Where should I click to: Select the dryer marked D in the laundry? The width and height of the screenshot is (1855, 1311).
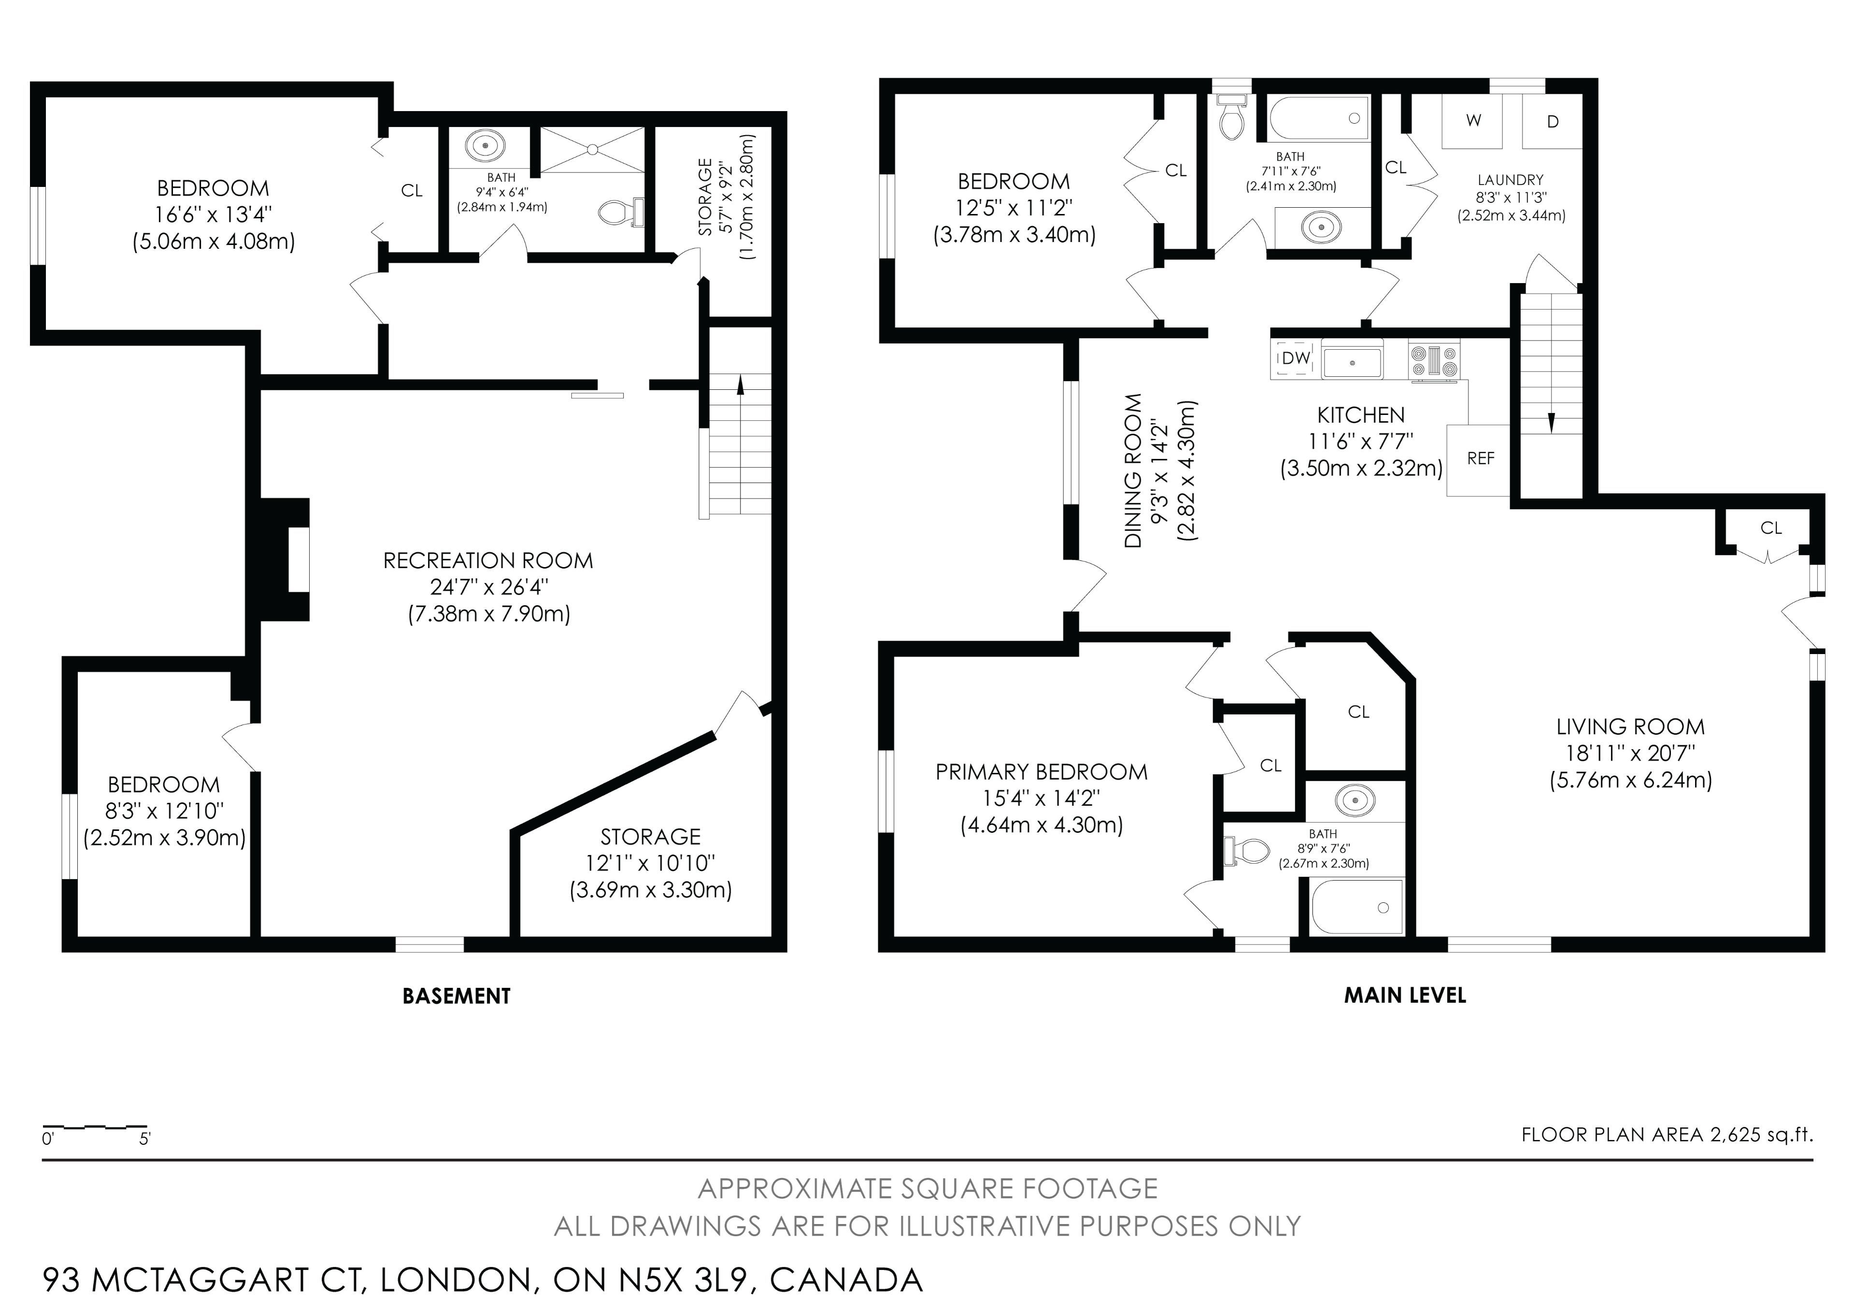coord(1552,121)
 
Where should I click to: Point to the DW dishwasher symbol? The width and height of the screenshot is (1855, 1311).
coord(1295,358)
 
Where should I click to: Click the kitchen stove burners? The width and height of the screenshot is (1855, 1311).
coord(1434,360)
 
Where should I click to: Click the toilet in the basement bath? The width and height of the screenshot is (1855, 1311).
coord(620,213)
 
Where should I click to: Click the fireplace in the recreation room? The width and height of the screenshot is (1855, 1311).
coord(285,560)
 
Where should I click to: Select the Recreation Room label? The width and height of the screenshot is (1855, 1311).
coord(488,561)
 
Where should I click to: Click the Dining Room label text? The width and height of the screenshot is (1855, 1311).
coord(1133,471)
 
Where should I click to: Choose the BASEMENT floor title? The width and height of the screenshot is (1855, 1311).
coord(457,996)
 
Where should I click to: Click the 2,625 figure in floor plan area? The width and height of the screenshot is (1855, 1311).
coord(1735,1135)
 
